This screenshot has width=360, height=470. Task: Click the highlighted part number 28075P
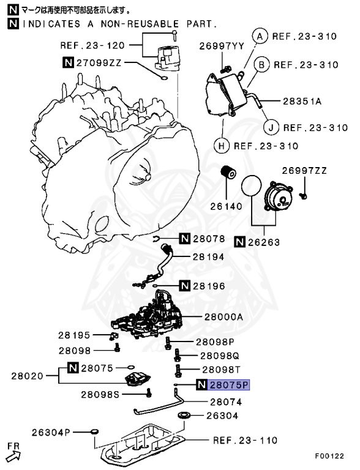coord(229,385)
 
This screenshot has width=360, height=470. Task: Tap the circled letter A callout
coord(260,37)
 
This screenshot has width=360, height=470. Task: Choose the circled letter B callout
coord(260,64)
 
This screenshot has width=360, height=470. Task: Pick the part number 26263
coord(263,242)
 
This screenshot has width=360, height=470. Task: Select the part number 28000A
coord(223,317)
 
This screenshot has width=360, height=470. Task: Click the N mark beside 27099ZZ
coord(68,61)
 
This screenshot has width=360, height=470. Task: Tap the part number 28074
coord(225,403)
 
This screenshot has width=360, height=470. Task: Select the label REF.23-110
coord(245,440)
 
